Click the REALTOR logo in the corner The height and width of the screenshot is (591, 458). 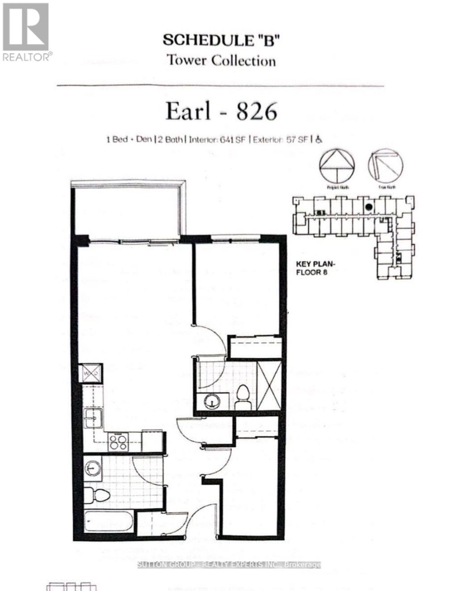26,32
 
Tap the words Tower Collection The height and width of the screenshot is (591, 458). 221,61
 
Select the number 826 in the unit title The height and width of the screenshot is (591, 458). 257,112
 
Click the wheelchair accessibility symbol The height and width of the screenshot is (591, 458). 319,140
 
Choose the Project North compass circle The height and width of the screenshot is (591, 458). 337,166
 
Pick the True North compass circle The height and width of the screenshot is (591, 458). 385,166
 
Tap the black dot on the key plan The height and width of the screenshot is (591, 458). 368,207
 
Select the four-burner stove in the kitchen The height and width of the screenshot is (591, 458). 118,442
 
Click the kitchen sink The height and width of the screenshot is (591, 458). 93,418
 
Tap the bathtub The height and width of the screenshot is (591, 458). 108,521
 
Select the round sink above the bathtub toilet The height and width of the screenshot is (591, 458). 92,467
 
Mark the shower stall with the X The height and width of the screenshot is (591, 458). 269,385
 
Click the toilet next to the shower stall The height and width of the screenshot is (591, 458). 243,397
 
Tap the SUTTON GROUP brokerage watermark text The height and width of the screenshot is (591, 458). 229,564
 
